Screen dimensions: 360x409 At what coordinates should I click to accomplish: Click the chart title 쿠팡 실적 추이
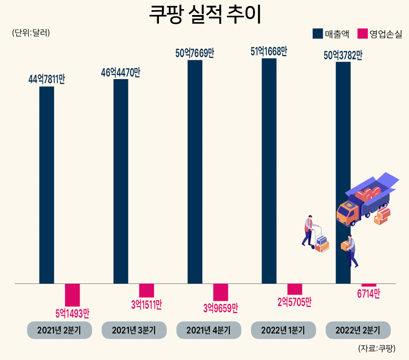click(204, 15)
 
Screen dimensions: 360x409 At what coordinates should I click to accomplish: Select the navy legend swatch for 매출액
click(317, 34)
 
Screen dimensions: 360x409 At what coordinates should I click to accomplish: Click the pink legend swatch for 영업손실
click(363, 34)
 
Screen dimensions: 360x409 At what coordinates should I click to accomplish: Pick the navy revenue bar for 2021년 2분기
click(46, 185)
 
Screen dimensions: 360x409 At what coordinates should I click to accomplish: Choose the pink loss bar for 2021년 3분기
click(147, 291)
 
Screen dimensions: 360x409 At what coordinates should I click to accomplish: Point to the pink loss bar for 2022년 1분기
click(295, 289)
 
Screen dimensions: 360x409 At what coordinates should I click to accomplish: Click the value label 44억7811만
click(46, 80)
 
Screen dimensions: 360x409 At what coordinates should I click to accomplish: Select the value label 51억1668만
click(269, 52)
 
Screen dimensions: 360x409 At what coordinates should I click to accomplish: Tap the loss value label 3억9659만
click(220, 308)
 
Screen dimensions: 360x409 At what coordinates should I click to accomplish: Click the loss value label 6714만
click(369, 294)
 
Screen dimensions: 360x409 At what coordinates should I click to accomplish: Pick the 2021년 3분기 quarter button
click(134, 330)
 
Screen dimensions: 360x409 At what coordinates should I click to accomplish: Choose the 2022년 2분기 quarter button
click(358, 330)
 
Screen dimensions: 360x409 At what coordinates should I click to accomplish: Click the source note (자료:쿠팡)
click(377, 349)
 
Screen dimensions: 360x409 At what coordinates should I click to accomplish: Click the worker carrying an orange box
click(351, 250)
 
